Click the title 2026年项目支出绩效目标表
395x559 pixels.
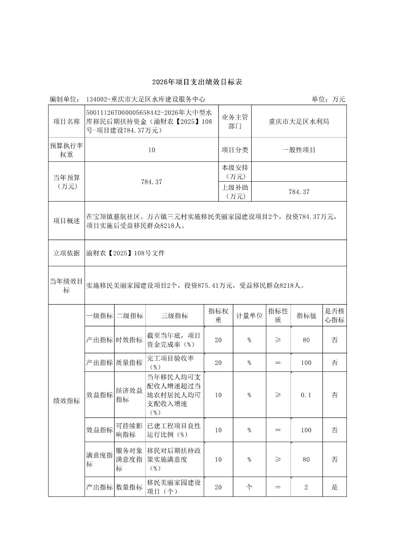197,82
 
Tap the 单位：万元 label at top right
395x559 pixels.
328,99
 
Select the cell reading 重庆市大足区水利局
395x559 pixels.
299,122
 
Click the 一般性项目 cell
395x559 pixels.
299,150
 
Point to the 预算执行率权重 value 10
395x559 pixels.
152,150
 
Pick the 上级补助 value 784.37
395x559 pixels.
299,192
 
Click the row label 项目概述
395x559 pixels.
67,221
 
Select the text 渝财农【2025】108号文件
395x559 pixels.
125,253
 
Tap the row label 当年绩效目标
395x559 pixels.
67,286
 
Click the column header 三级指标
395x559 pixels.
174,316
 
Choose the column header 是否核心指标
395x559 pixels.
334,316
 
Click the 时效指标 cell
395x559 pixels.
129,340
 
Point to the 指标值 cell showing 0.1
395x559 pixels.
306,395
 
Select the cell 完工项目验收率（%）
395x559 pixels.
174,363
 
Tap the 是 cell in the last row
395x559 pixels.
334,487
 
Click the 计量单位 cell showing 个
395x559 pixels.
249,487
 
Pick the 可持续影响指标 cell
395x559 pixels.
129,430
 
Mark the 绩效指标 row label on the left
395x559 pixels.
67,401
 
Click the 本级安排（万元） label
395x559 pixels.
235,172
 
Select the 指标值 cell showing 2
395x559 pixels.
306,487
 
